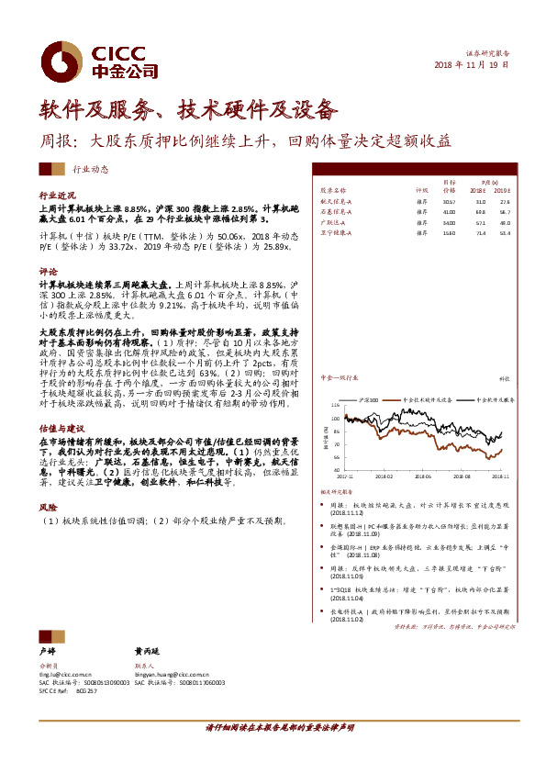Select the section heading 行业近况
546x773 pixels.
tap(56, 196)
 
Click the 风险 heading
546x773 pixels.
tap(47, 507)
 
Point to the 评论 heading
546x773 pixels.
tap(47, 273)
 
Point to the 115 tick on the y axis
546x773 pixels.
tap(335, 404)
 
